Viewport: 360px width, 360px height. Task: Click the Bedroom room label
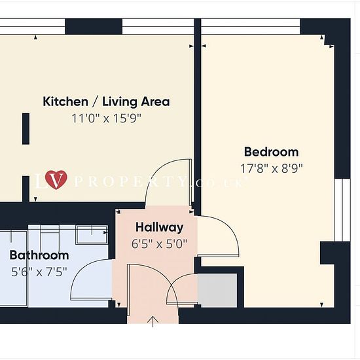(x=271, y=152)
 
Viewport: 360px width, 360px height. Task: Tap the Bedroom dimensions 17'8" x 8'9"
(x=272, y=168)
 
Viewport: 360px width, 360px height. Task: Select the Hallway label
(x=159, y=227)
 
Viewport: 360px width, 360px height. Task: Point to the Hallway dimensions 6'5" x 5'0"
(x=159, y=244)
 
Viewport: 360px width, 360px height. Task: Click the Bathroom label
(x=39, y=255)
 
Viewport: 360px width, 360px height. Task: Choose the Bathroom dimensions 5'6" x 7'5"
(x=39, y=272)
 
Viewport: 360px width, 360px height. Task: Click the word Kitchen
(x=65, y=101)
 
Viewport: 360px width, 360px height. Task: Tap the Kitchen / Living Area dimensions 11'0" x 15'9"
(x=106, y=118)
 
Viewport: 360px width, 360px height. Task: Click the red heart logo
(x=56, y=179)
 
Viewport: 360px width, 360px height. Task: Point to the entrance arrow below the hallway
(x=153, y=321)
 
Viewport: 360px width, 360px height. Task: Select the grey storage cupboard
(x=217, y=291)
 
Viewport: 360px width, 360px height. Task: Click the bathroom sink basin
(x=92, y=235)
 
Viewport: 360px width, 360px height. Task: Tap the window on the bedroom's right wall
(x=342, y=209)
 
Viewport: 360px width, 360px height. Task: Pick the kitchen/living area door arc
(x=156, y=175)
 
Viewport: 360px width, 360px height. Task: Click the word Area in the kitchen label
(x=155, y=101)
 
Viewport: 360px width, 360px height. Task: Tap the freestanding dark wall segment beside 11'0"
(x=26, y=128)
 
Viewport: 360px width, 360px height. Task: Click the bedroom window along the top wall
(x=251, y=27)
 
